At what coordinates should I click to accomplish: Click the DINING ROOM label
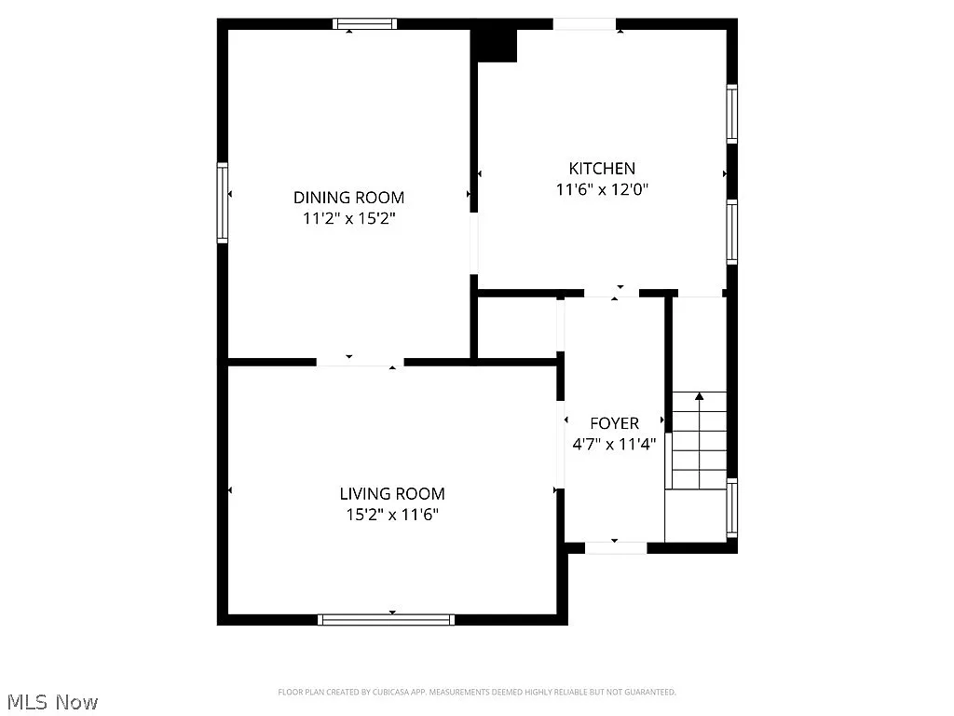coord(348,198)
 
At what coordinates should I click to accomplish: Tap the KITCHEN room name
coord(602,169)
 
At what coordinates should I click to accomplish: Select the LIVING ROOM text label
coord(391,494)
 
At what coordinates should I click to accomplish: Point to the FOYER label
coord(614,423)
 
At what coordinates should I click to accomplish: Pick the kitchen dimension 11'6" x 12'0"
coord(602,190)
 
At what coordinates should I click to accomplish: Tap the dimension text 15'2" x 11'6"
coord(391,515)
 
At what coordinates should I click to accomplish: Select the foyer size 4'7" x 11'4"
coord(614,444)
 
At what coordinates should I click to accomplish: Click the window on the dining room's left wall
coord(223,202)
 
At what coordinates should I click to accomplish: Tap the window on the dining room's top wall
coord(365,24)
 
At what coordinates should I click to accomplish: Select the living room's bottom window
coord(386,619)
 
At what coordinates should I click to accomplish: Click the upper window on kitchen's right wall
coord(732,114)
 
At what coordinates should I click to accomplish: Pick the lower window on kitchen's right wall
coord(732,231)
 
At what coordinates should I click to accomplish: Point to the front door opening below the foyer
coord(616,548)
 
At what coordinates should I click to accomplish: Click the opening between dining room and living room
coord(360,361)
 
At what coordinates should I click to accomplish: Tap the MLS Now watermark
coord(51,701)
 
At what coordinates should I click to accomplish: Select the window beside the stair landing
coord(732,509)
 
